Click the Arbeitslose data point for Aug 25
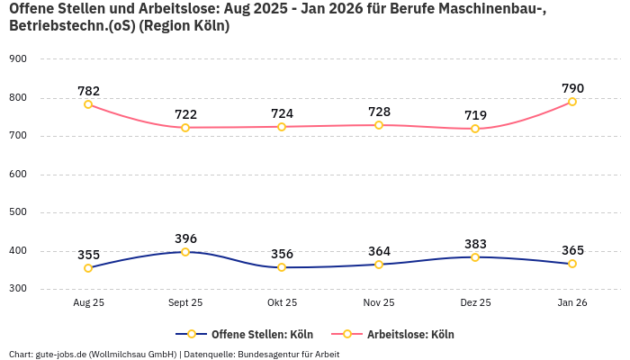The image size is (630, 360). (x=88, y=104)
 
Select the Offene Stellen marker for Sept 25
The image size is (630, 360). (x=185, y=252)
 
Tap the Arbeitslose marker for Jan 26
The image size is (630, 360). (x=572, y=102)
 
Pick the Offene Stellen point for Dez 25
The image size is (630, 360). (x=475, y=257)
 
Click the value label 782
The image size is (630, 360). (x=88, y=90)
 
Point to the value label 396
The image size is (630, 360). (x=185, y=238)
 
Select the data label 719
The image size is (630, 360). (x=475, y=115)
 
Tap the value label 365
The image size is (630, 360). (x=572, y=250)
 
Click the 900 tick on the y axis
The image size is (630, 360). (x=17, y=59)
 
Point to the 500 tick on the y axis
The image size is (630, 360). (x=17, y=213)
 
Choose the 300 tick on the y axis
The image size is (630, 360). (x=17, y=290)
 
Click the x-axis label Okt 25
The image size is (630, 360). (x=282, y=303)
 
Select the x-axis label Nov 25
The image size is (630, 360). (x=379, y=303)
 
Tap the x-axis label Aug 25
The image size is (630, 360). (x=88, y=303)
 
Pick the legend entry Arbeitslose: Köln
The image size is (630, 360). (x=410, y=335)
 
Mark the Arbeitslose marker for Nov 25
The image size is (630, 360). (x=379, y=125)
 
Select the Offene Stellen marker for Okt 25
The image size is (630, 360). (x=282, y=267)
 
